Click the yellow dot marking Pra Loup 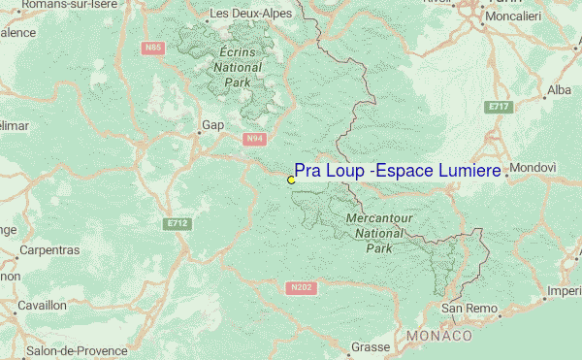click(x=291, y=180)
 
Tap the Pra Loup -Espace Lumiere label click(x=398, y=171)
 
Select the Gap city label click(x=212, y=125)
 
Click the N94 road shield click(x=254, y=139)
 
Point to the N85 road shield click(x=152, y=47)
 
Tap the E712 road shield click(x=176, y=223)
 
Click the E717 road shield click(x=500, y=105)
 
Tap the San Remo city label click(x=469, y=309)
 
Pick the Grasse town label click(x=370, y=346)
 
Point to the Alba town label click(x=560, y=89)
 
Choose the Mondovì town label click(x=533, y=167)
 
